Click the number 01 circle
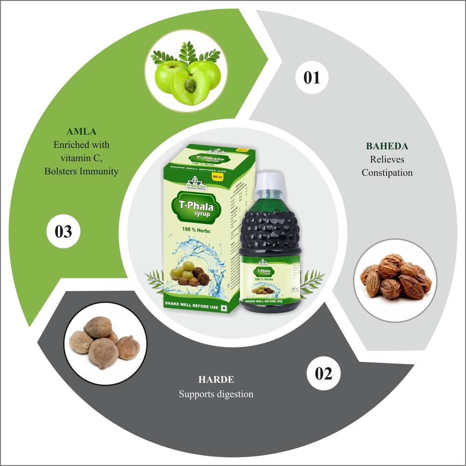click(x=312, y=77)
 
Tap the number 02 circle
click(x=323, y=374)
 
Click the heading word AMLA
click(x=81, y=132)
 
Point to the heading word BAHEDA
click(x=387, y=146)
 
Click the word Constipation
click(x=387, y=173)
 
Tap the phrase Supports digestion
click(x=216, y=394)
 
